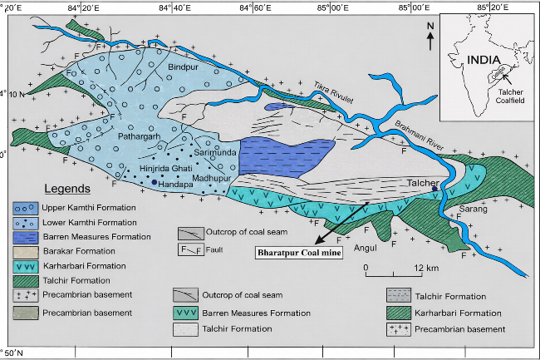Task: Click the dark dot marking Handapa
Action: pos(155,182)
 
